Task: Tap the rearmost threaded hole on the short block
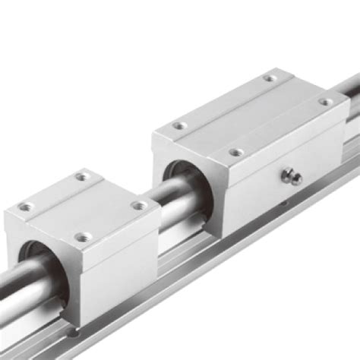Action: [x=81, y=176]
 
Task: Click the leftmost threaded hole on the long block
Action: [x=178, y=126]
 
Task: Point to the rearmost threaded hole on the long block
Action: [x=270, y=77]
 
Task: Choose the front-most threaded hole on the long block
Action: [x=237, y=153]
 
